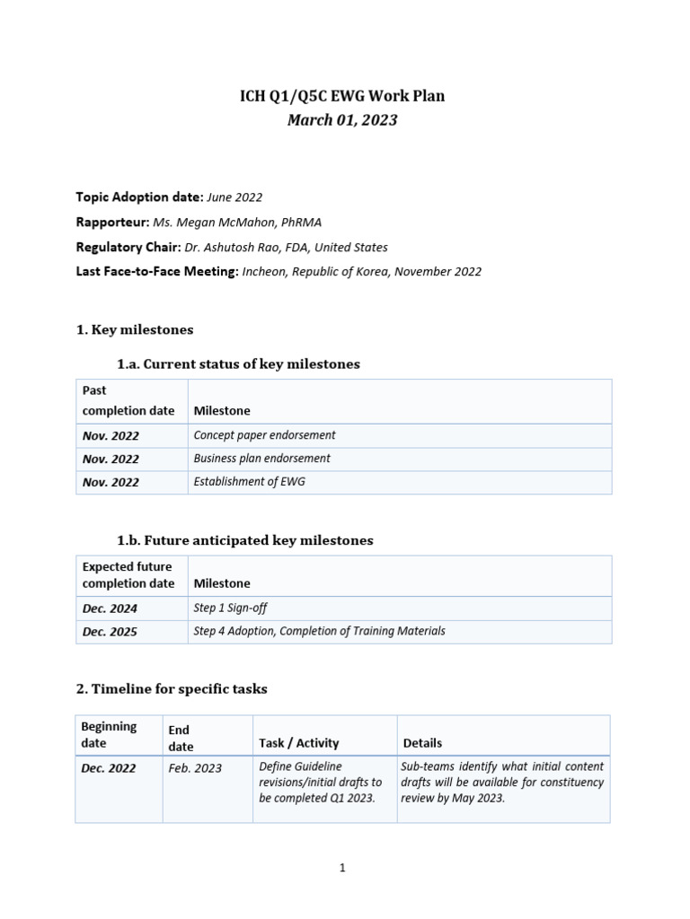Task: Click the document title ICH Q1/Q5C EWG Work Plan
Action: pos(342,96)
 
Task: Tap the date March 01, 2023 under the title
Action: pos(342,119)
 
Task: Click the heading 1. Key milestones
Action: pos(135,329)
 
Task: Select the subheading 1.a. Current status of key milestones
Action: pos(238,363)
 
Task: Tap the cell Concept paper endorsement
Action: pos(264,435)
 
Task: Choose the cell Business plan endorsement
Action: pos(261,459)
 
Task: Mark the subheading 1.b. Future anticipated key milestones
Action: pos(244,540)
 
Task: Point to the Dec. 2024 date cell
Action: pos(110,608)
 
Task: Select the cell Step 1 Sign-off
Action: pos(230,608)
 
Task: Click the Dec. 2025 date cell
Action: pos(110,632)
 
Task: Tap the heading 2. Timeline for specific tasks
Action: pos(172,688)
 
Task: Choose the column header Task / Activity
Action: pos(298,743)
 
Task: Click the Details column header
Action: pos(422,743)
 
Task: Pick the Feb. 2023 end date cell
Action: pos(194,768)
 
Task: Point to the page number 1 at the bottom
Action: pos(342,868)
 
